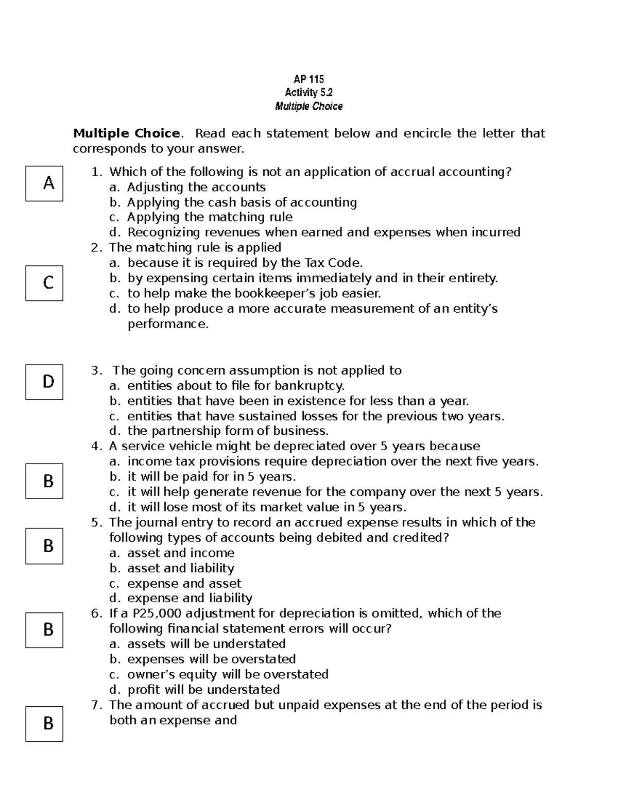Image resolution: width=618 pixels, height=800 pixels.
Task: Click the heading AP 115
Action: pos(308,79)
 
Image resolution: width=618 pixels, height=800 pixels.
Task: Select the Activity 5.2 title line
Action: pos(308,93)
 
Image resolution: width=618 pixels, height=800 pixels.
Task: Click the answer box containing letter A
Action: pos(44,183)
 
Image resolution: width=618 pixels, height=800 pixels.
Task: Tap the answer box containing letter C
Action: pos(44,283)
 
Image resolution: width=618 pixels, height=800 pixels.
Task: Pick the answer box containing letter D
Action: pos(44,382)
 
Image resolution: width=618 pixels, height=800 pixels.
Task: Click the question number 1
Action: pos(95,172)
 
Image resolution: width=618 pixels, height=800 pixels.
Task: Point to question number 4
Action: pos(95,446)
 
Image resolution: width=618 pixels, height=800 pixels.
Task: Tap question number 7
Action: pos(95,705)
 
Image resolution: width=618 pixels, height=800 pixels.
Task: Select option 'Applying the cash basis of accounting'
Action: pos(242,202)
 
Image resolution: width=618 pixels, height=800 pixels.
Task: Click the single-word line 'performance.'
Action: pos(168,324)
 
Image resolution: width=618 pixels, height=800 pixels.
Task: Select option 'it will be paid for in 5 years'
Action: pos(211,476)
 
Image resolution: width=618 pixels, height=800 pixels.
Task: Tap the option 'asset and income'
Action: pos(181,553)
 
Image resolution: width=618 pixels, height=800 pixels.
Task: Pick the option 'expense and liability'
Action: pos(190,598)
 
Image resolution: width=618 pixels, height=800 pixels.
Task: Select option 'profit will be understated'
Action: pos(203,690)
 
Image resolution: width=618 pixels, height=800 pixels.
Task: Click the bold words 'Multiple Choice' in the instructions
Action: pos(127,134)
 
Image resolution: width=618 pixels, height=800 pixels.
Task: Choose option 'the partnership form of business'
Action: pos(228,431)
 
